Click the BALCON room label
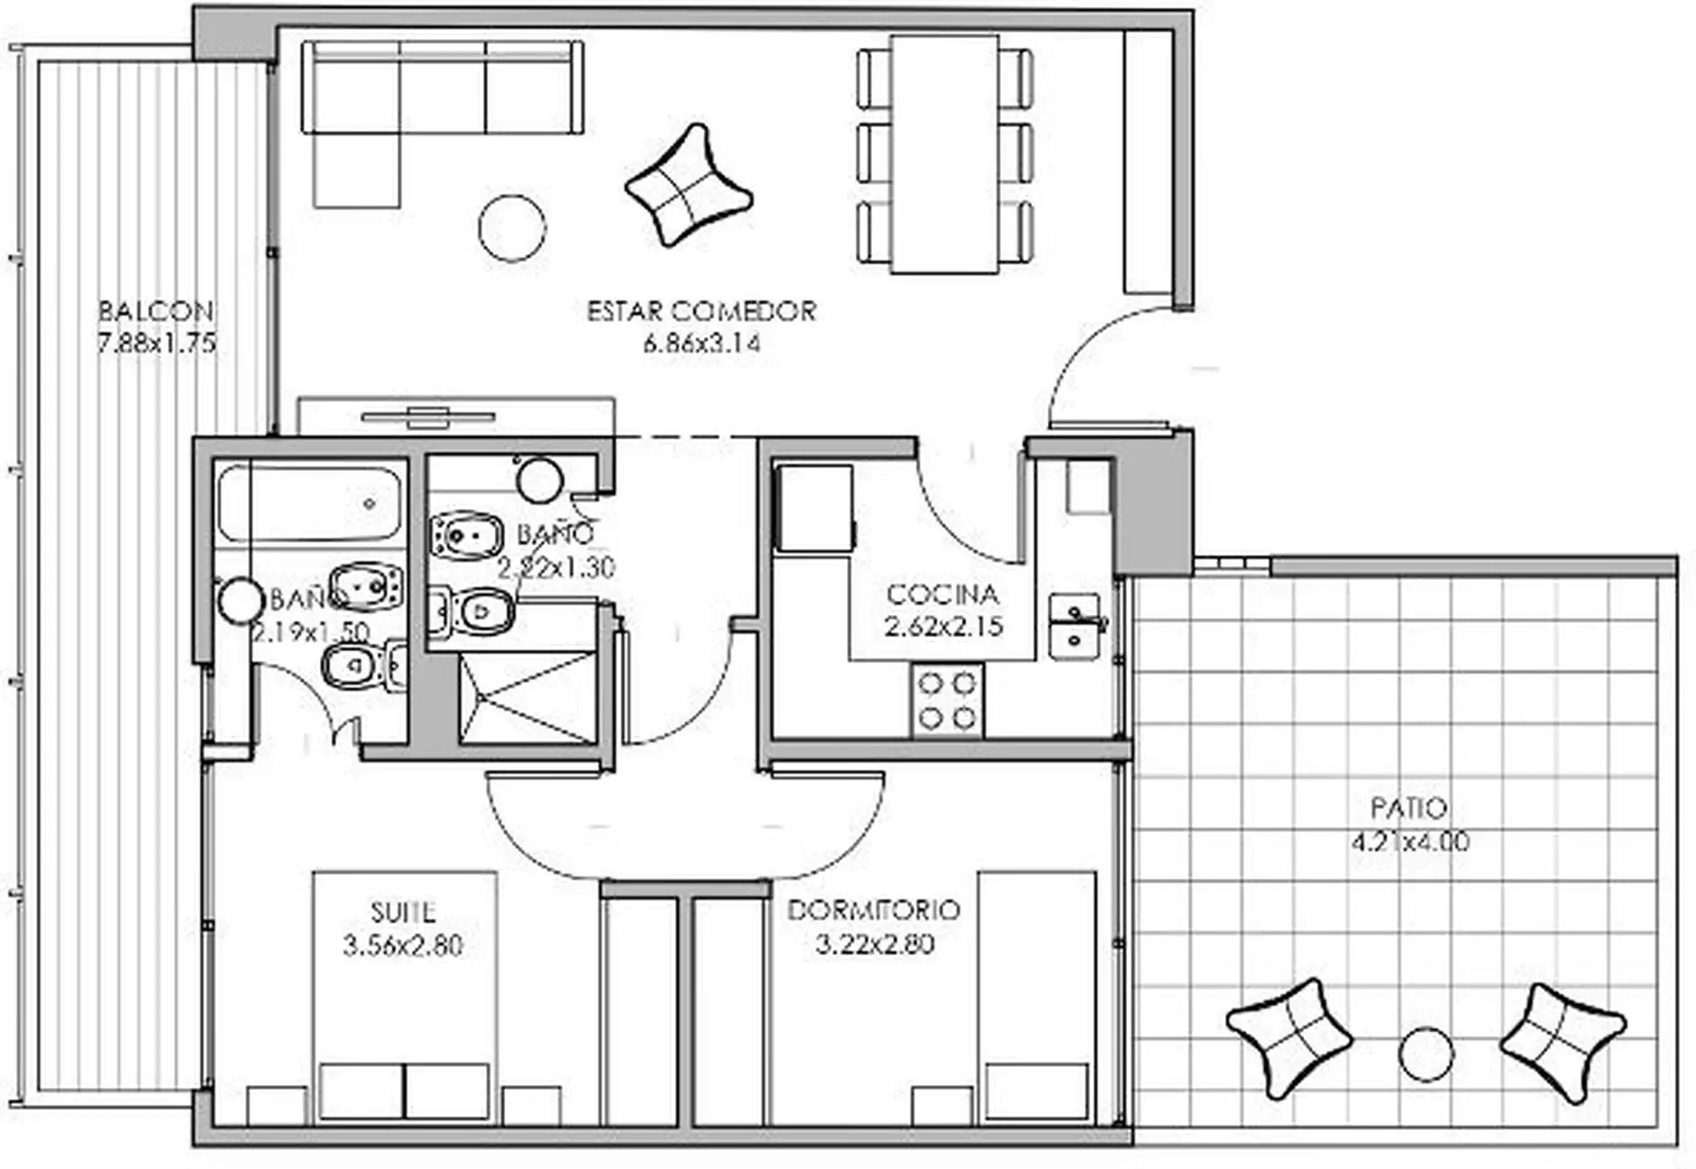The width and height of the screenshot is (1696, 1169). [x=155, y=311]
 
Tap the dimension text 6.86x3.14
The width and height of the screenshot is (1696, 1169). [x=701, y=343]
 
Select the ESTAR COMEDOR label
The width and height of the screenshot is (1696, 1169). [x=701, y=311]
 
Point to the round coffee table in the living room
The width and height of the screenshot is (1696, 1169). [x=512, y=228]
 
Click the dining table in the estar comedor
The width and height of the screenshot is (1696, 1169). [x=944, y=155]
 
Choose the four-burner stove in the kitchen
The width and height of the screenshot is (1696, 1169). [x=947, y=699]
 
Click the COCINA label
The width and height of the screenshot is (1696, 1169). [x=943, y=594]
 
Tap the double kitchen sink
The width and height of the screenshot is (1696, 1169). [x=1075, y=626]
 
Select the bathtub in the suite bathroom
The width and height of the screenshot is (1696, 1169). [x=309, y=504]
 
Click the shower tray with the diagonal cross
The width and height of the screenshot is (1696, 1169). [x=526, y=697]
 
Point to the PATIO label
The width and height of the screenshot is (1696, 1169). [x=1409, y=808]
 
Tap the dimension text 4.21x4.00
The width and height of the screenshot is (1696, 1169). [x=1410, y=840]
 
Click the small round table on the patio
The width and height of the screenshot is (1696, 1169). [x=1427, y=1054]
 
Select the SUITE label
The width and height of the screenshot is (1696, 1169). [x=403, y=912]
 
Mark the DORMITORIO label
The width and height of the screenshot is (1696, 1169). [x=873, y=910]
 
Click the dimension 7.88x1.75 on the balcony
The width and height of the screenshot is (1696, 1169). [x=156, y=343]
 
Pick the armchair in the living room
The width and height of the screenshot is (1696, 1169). [x=688, y=185]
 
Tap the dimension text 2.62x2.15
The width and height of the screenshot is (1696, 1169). [x=943, y=626]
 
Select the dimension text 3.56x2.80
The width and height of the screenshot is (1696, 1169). [x=403, y=945]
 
